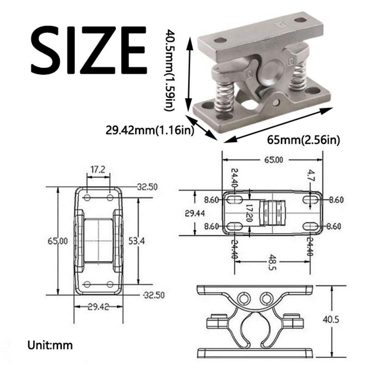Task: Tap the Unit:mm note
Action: (50, 346)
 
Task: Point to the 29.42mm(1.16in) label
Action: (150, 130)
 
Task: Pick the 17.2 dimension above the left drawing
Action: (98, 169)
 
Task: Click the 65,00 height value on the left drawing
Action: (58, 241)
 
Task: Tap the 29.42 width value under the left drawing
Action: (98, 307)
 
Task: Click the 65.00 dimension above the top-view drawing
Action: (273, 160)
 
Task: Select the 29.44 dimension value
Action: (194, 213)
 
